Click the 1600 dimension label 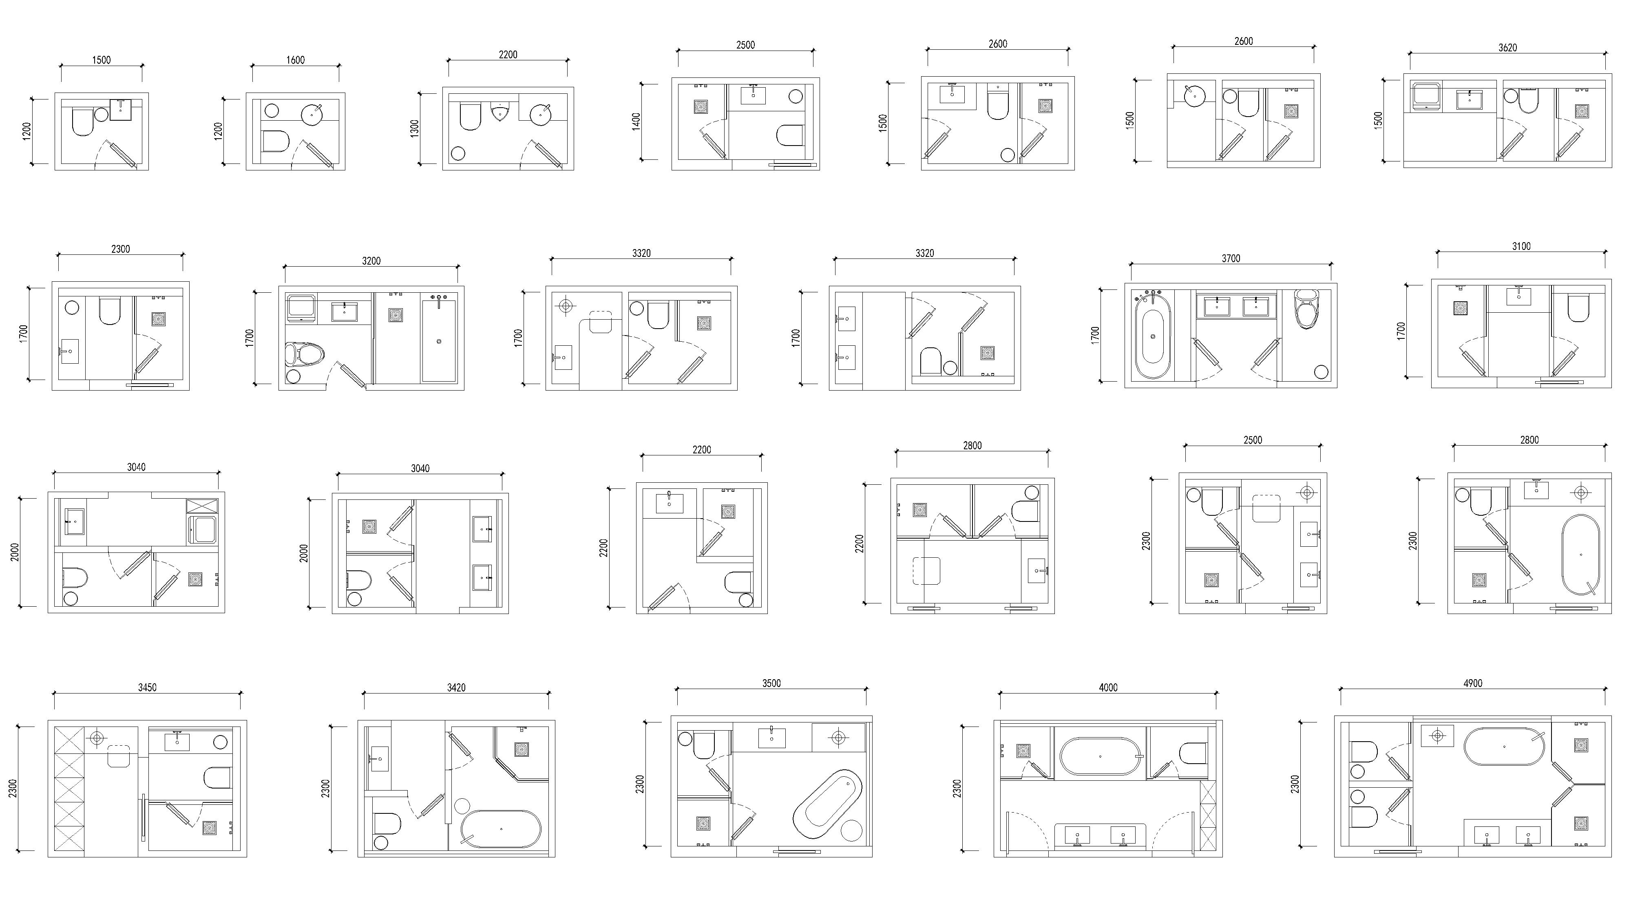pyautogui.click(x=295, y=60)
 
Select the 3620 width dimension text pyautogui.click(x=1507, y=47)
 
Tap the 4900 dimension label pyautogui.click(x=1473, y=683)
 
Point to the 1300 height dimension pyautogui.click(x=415, y=128)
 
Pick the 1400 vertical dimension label pyautogui.click(x=636, y=121)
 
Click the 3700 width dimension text pyautogui.click(x=1231, y=258)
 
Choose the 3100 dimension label pyautogui.click(x=1521, y=246)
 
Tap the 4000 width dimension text pyautogui.click(x=1108, y=687)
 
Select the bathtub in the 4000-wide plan pyautogui.click(x=1101, y=756)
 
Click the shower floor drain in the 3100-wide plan pyautogui.click(x=1461, y=308)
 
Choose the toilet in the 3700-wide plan pyautogui.click(x=1306, y=309)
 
